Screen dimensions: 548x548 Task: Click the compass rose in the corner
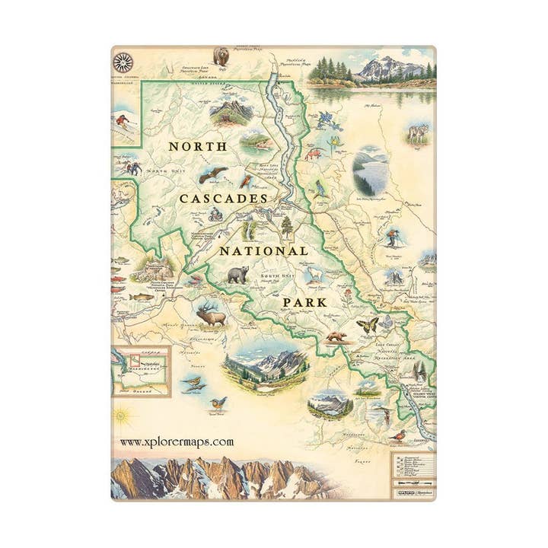(123, 62)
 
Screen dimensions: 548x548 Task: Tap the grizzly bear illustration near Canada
(222, 56)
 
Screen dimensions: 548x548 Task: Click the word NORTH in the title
(197, 146)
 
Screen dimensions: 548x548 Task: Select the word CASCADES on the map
(223, 198)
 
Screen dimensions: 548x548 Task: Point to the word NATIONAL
(264, 250)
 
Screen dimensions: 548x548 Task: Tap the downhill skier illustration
(122, 121)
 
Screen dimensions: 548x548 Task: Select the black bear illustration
(237, 276)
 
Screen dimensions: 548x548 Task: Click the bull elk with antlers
(211, 313)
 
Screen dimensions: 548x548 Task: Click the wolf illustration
(418, 134)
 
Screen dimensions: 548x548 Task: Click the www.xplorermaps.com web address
(177, 441)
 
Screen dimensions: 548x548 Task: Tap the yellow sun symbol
(119, 416)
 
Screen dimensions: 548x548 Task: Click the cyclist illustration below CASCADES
(215, 215)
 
